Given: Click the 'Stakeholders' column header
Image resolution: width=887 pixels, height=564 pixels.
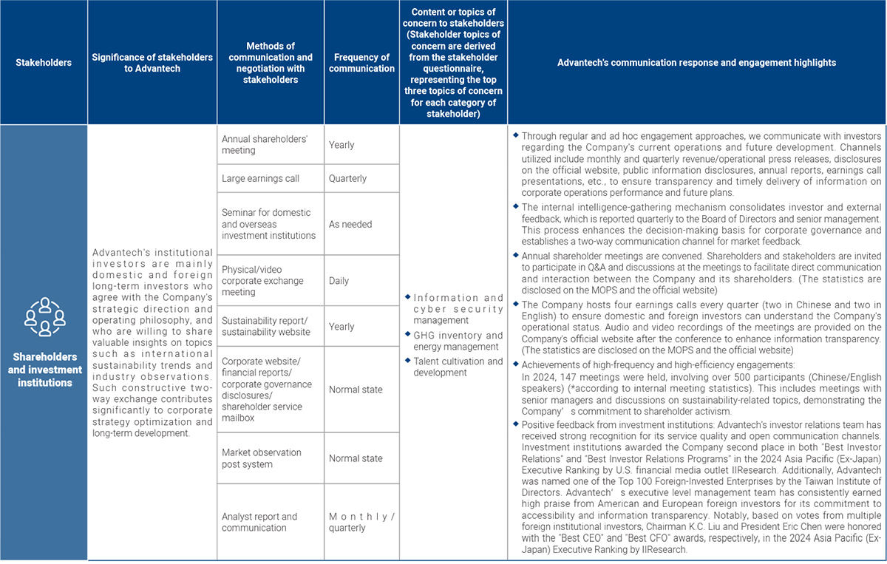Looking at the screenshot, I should click(44, 63).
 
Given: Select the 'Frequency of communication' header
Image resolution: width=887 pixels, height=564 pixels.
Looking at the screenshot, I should click(361, 63).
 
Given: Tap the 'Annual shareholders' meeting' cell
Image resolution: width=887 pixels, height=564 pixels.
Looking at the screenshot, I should click(270, 145).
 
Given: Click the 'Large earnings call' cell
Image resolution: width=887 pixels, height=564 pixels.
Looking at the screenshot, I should click(270, 179).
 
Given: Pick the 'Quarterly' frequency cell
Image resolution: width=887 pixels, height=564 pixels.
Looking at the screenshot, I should click(361, 179).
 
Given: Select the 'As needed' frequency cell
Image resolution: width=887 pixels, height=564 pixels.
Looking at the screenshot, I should click(361, 224).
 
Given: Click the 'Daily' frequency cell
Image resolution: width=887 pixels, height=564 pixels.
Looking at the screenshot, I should click(361, 281).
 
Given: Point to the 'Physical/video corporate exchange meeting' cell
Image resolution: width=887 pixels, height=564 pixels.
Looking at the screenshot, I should click(270, 281).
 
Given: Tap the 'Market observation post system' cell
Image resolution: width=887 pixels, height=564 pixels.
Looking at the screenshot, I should click(270, 458).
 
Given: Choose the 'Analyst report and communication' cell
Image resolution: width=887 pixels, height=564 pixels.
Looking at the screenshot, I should click(270, 522).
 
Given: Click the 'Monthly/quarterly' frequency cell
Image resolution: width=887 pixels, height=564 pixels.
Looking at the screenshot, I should click(361, 522).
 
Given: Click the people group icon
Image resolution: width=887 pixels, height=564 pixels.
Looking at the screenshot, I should click(44, 316).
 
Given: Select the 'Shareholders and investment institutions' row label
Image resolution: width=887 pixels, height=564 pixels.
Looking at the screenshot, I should click(44, 370).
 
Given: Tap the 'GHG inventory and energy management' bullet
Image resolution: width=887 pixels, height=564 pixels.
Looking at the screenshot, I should click(458, 341).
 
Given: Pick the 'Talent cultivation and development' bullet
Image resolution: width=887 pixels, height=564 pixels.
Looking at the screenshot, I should click(458, 367).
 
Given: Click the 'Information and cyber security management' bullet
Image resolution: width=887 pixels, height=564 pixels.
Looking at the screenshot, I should click(458, 309).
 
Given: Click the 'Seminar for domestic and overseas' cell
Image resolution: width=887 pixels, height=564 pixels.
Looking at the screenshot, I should click(270, 224).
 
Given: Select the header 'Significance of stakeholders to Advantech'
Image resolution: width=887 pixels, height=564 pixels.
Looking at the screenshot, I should click(152, 63).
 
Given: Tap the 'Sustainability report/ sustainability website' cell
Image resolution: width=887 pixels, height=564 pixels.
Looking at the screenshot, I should click(270, 327).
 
